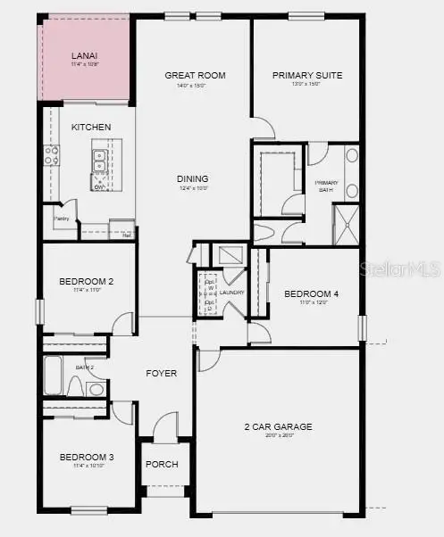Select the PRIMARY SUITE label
point(307,76)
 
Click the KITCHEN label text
point(91,128)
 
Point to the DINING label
point(192,178)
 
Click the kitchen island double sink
point(101,161)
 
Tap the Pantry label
point(62,218)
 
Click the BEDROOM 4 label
point(311,293)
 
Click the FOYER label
point(162,373)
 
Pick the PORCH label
point(163,465)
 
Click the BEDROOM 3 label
point(87,458)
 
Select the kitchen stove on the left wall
point(51,157)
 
